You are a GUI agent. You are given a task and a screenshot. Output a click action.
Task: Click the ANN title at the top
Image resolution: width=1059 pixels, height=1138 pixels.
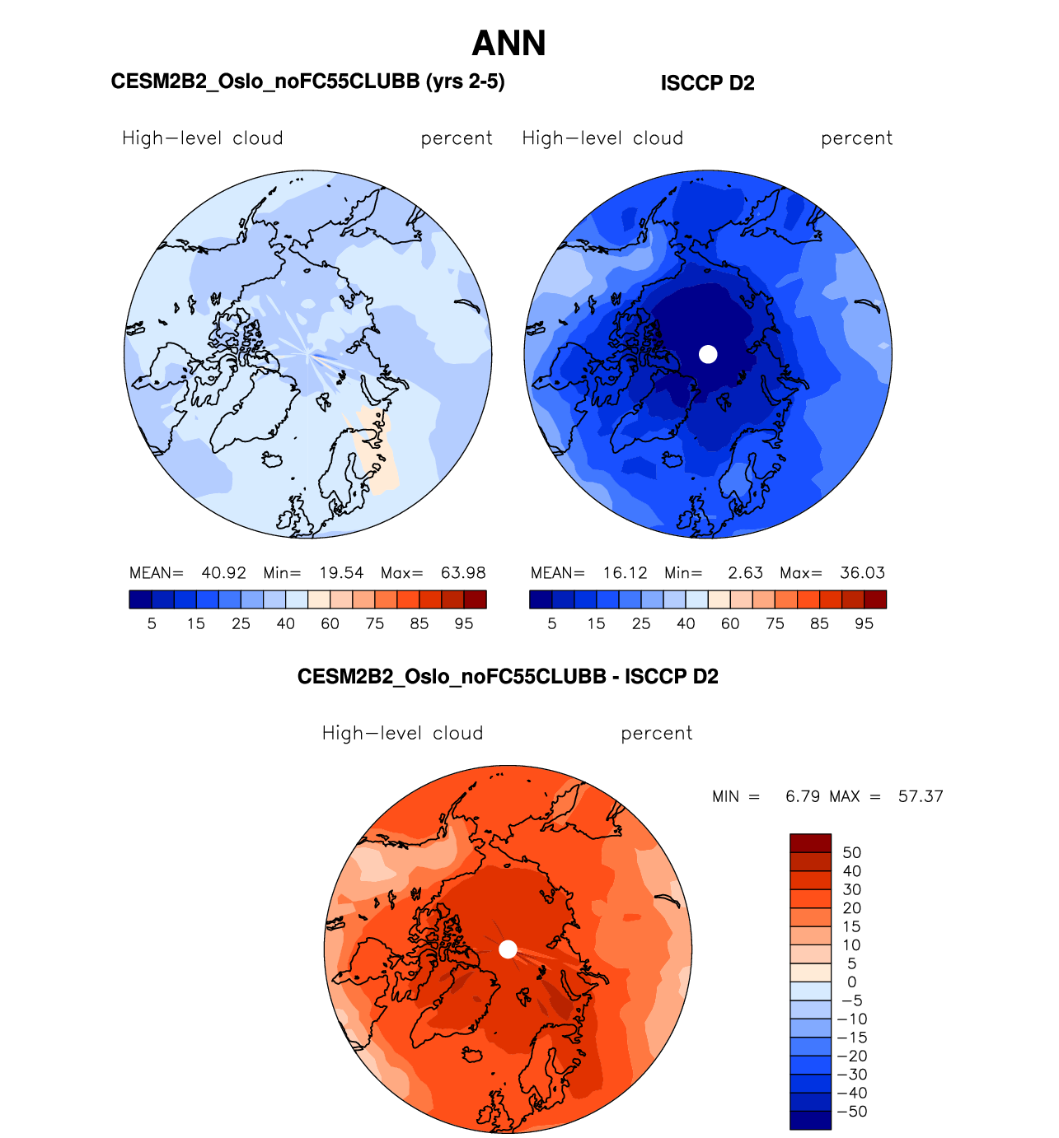tap(508, 44)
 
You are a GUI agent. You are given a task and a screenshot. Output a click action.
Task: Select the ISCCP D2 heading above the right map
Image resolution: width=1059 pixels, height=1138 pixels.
tap(707, 83)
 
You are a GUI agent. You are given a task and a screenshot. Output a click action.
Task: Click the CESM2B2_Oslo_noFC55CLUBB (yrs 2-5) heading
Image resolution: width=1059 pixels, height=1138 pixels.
tap(307, 82)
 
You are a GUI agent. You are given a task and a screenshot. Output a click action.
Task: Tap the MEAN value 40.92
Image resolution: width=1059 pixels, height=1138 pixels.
tap(223, 573)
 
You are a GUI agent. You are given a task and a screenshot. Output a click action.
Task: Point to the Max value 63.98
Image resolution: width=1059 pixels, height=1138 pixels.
tap(463, 573)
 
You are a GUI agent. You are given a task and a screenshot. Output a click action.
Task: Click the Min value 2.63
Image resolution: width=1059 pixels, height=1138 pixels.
tap(745, 573)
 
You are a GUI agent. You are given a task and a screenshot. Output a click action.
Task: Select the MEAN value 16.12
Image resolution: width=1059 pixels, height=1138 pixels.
tap(625, 573)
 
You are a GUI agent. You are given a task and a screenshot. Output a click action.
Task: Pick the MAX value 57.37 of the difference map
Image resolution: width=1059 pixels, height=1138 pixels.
tap(921, 796)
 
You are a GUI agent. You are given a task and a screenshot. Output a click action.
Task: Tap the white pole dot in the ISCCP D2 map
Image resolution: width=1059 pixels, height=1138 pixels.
tap(708, 354)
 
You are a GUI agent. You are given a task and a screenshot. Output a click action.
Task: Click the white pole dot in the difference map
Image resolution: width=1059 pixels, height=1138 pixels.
tap(508, 949)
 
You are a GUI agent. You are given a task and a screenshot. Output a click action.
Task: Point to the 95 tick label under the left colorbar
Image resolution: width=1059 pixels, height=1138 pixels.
tap(464, 624)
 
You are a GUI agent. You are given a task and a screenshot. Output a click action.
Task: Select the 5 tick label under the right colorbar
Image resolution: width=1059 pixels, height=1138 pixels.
tap(552, 624)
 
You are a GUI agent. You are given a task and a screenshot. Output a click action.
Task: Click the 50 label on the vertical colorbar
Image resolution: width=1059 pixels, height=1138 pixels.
tap(851, 853)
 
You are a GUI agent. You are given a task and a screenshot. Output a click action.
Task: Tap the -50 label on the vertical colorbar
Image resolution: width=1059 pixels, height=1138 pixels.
tap(853, 1112)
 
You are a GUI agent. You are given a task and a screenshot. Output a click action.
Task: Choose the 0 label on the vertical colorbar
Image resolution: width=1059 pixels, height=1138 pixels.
tap(851, 982)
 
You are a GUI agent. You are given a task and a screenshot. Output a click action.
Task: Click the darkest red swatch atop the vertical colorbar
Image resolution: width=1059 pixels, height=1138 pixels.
tap(810, 843)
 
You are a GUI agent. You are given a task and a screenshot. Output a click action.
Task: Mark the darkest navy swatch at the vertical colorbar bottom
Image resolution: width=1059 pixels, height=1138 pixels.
tap(810, 1120)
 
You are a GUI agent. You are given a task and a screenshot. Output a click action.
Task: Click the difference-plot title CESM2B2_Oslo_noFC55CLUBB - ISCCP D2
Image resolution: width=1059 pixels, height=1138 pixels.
tap(508, 677)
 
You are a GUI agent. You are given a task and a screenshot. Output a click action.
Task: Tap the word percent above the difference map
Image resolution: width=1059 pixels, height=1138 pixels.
tap(656, 734)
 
